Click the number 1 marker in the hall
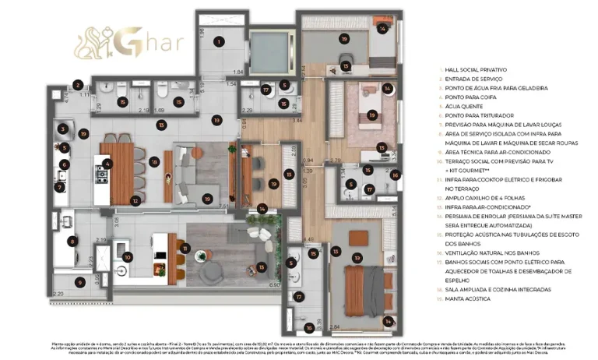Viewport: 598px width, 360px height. point(220,42)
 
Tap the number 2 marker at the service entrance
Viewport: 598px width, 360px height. point(79,85)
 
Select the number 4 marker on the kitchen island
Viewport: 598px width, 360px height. point(108,164)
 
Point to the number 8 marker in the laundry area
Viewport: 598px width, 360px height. point(72,242)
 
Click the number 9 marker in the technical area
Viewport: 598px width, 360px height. point(77,282)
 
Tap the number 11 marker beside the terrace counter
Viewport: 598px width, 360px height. point(185,249)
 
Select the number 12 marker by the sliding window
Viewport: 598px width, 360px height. point(135,201)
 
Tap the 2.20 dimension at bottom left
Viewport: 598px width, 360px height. point(59,293)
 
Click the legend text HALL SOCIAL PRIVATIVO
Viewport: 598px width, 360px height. point(475,71)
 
